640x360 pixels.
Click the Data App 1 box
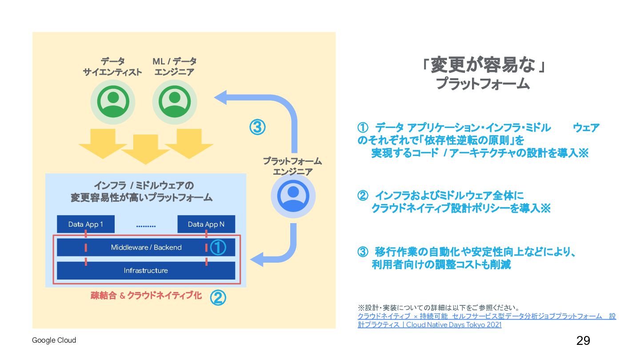pyautogui.click(x=85, y=224)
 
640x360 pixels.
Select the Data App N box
pyautogui.click(x=206, y=224)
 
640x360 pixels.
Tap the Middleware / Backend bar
pyautogui.click(x=146, y=247)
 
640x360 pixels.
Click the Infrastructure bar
pyautogui.click(x=146, y=270)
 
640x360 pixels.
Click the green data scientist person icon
pyautogui.click(x=113, y=102)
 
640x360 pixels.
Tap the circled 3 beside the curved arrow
pyautogui.click(x=257, y=128)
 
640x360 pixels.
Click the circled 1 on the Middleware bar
pyautogui.click(x=218, y=248)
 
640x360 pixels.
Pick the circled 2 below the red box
pyautogui.click(x=217, y=298)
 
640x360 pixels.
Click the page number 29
pyautogui.click(x=583, y=340)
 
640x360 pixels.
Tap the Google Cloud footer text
pyautogui.click(x=54, y=340)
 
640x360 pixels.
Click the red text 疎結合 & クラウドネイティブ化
pyautogui.click(x=146, y=296)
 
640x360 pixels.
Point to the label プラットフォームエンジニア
pyautogui.click(x=292, y=166)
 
